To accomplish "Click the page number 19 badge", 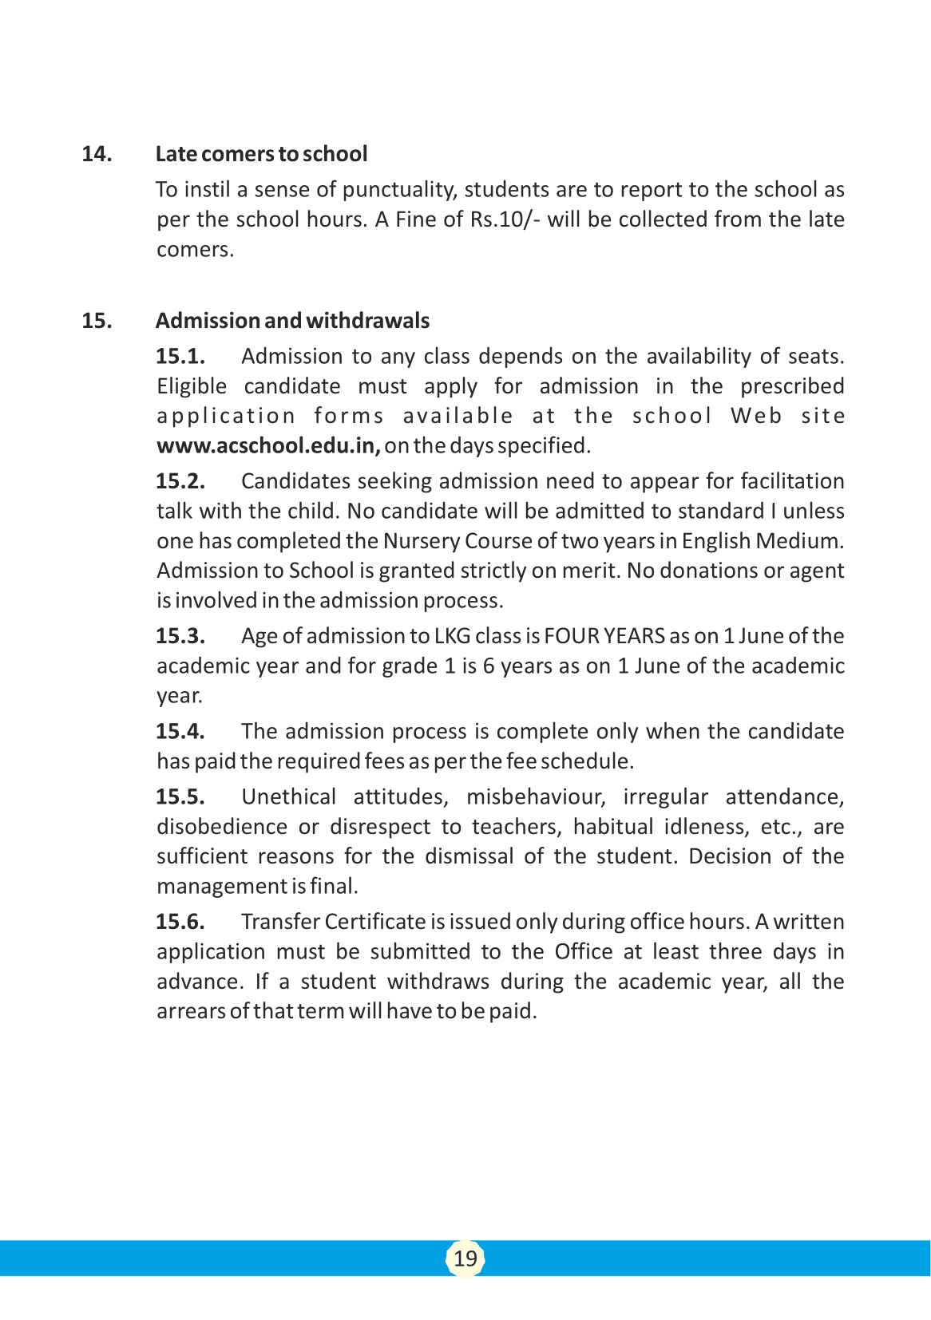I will tap(465, 1259).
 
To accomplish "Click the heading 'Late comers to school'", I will tap(261, 153).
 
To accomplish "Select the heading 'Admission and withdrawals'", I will tap(292, 320).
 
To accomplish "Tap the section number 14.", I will tap(97, 153).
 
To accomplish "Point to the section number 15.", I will tap(97, 320).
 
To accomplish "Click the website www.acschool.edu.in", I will tap(268, 445).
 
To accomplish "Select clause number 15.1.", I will tap(180, 356).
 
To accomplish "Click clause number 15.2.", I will tap(180, 480).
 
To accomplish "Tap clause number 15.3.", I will tap(180, 635).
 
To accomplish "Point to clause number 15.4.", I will tap(180, 731).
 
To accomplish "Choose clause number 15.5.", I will tap(180, 796).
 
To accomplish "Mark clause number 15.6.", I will tap(180, 921).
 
